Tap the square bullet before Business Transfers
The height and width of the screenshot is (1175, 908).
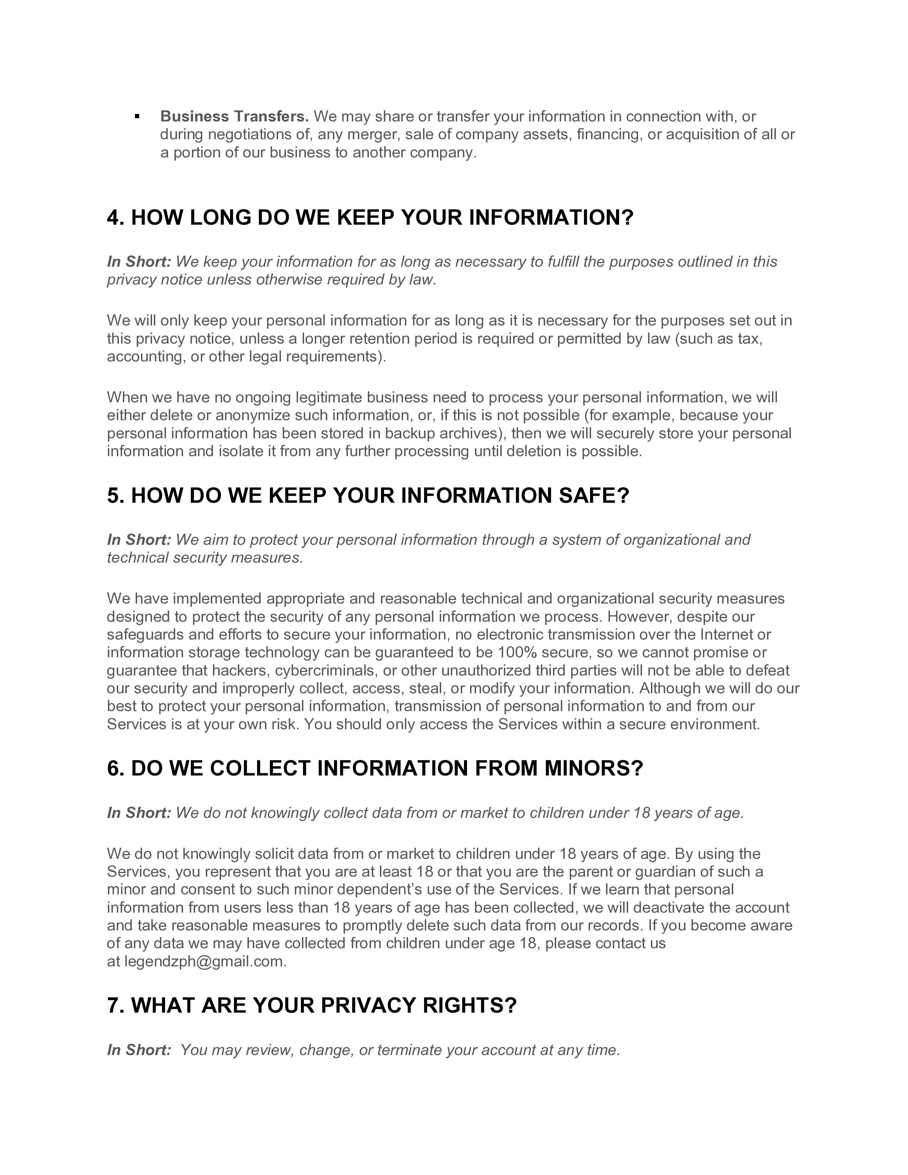[x=138, y=116]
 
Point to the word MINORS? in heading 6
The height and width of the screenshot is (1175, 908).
[x=594, y=768]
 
